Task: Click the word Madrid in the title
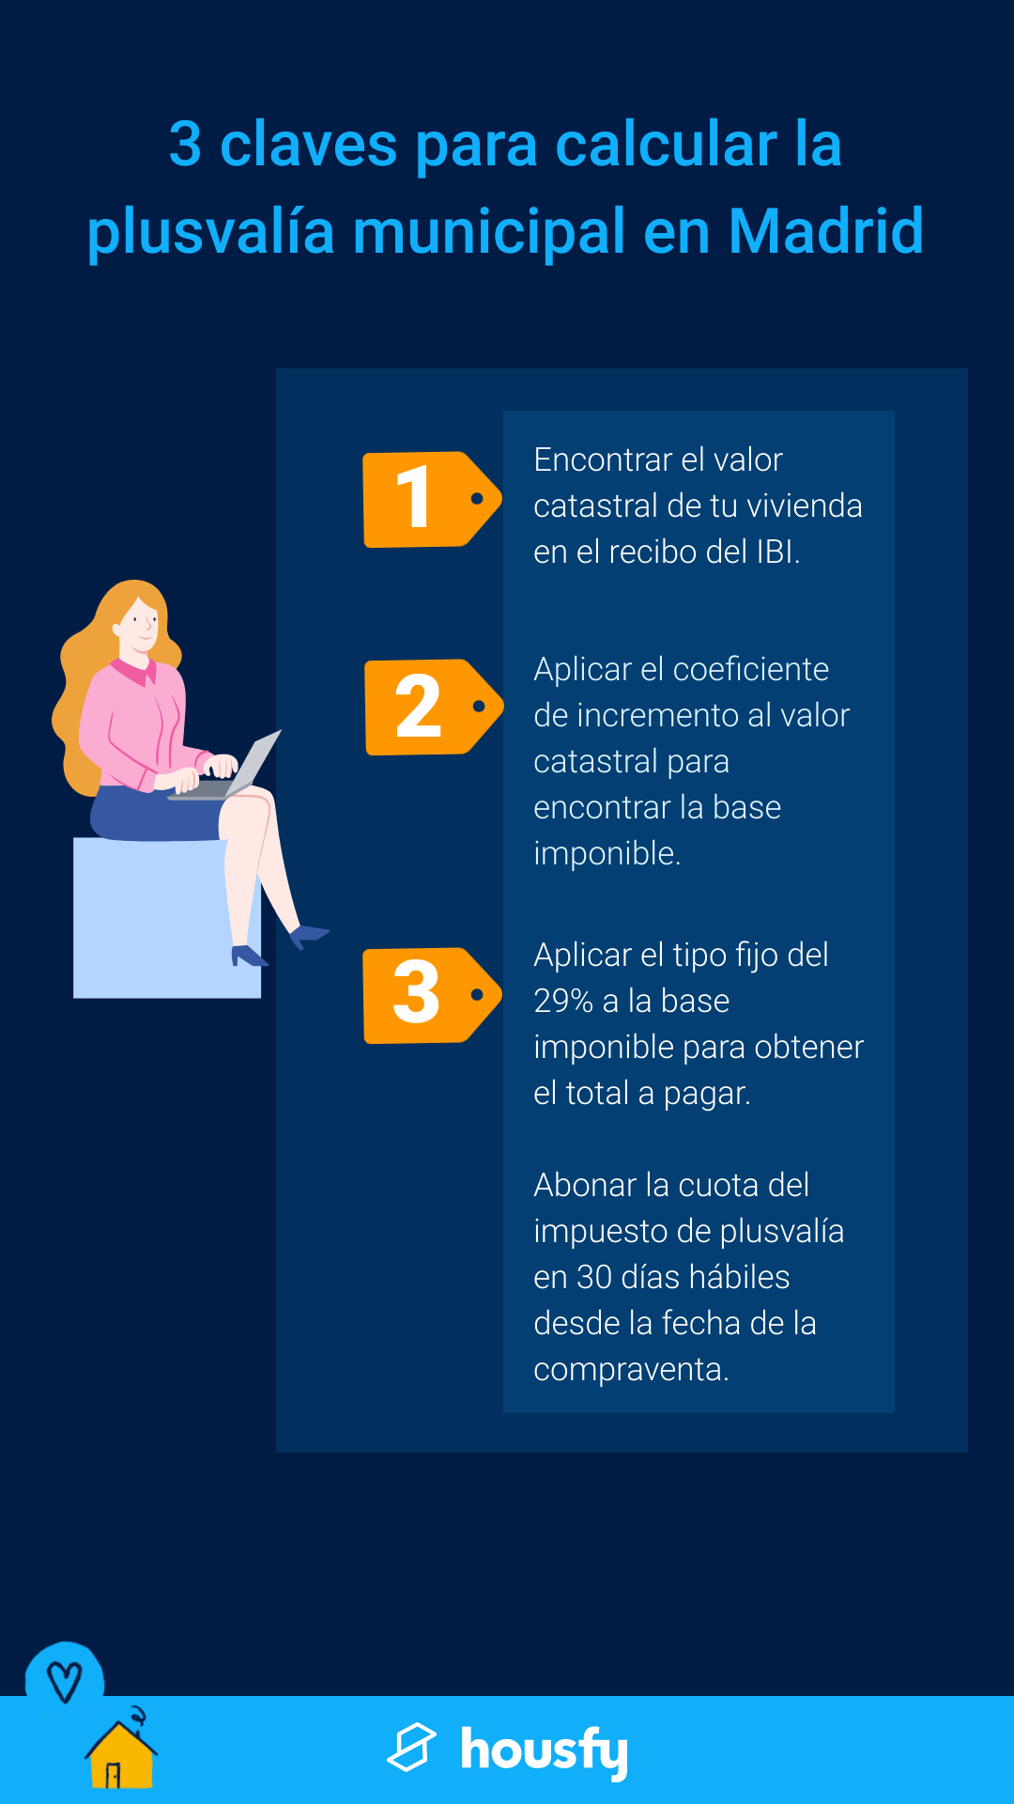point(825,231)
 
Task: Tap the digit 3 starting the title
point(185,145)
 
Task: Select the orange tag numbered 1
point(432,499)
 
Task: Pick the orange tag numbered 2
point(433,707)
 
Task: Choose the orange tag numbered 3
point(432,995)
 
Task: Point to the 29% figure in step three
point(563,1001)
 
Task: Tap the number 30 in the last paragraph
point(594,1277)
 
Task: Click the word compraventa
point(631,1370)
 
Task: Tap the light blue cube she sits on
point(166,918)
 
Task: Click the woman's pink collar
point(133,671)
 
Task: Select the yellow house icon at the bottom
point(121,1753)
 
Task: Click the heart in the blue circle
point(65,1682)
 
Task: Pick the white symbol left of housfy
point(411,1748)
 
